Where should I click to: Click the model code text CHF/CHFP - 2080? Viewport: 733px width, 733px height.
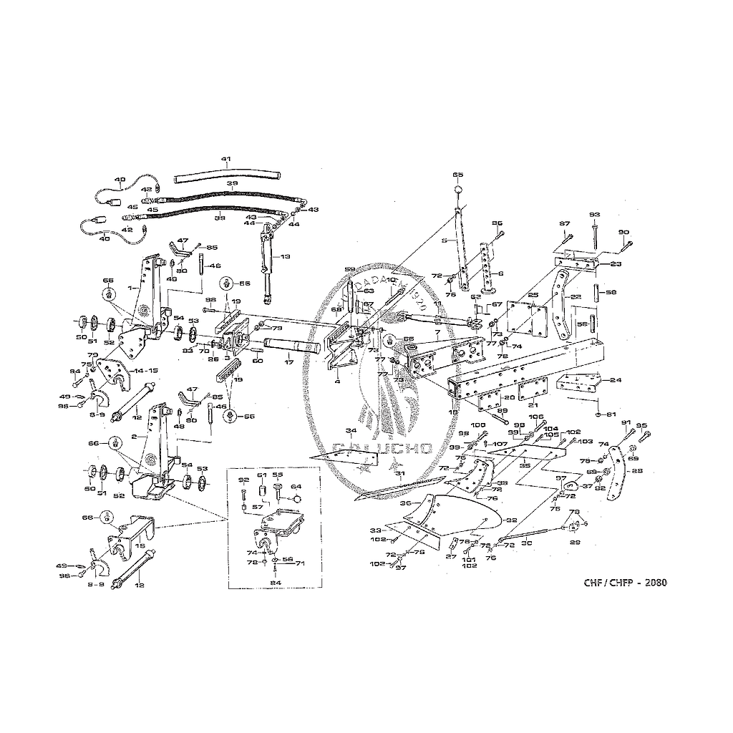(625, 582)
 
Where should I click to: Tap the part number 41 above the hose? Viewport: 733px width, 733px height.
(226, 160)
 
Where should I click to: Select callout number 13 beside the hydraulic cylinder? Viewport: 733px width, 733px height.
(285, 256)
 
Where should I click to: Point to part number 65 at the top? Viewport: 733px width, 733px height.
(458, 175)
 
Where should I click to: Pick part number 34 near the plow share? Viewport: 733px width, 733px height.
(351, 431)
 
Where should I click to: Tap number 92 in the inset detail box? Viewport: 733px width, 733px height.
(243, 480)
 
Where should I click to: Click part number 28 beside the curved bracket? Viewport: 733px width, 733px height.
(637, 471)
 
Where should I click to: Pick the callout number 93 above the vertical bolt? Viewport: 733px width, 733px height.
(594, 215)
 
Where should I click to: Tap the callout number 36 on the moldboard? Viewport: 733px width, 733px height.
(405, 504)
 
